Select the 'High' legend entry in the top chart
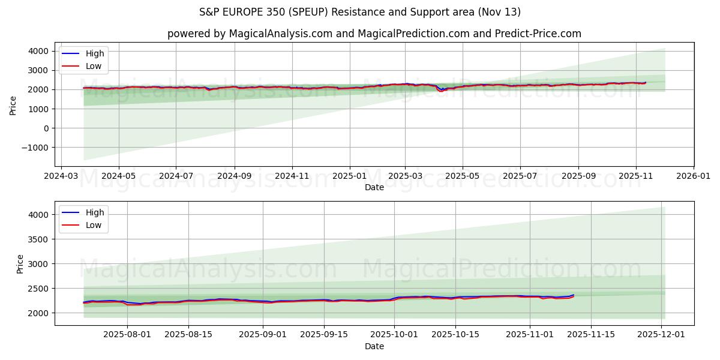tap(94, 53)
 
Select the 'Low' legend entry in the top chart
tap(93, 66)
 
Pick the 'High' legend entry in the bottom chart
tap(94, 212)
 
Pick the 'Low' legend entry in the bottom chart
tap(93, 225)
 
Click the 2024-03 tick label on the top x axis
tap(62, 177)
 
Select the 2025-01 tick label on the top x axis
tap(349, 177)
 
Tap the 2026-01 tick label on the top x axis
tap(693, 177)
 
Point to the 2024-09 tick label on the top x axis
tap(234, 177)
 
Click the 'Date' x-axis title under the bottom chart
tap(374, 347)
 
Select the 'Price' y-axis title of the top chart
tap(13, 106)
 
